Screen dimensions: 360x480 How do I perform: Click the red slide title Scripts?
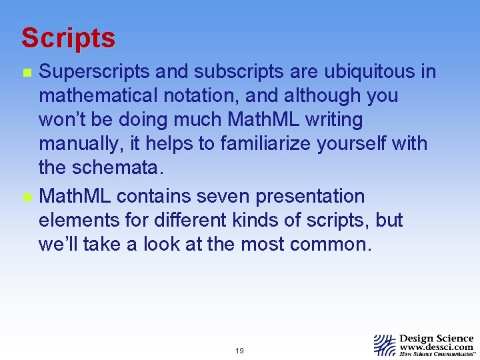click(x=68, y=38)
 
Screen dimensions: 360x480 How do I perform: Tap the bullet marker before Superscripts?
click(x=26, y=72)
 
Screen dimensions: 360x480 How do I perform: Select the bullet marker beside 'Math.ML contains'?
click(x=26, y=197)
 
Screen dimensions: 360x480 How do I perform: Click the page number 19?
click(x=240, y=350)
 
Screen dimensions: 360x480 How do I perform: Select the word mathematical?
click(x=97, y=96)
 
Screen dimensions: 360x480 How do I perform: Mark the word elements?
click(x=77, y=221)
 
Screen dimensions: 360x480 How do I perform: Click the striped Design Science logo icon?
click(x=385, y=345)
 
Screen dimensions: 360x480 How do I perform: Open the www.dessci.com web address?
click(x=436, y=347)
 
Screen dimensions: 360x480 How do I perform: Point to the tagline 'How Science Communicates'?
click(x=436, y=355)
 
